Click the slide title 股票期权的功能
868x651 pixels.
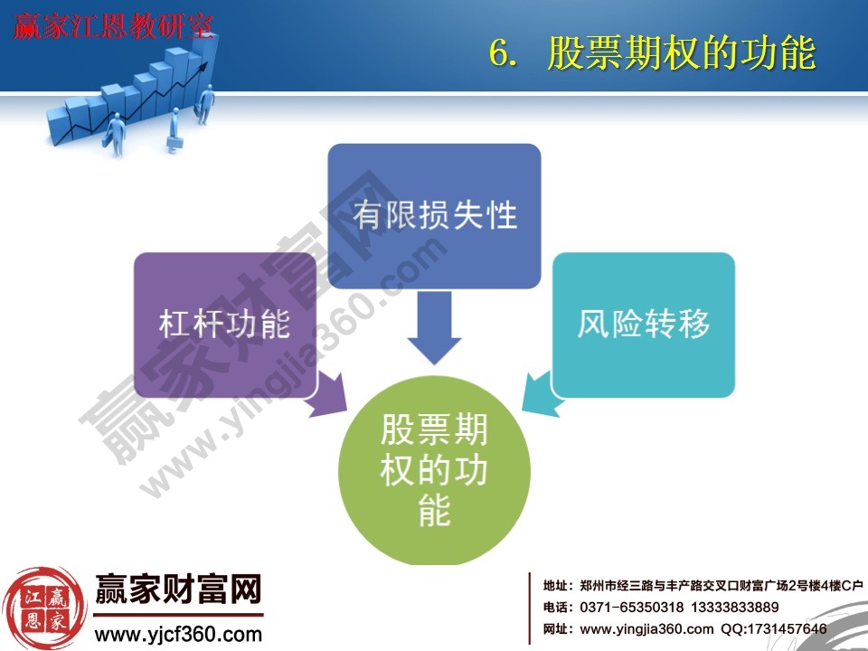click(681, 53)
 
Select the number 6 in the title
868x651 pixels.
click(498, 53)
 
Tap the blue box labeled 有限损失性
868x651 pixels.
click(434, 215)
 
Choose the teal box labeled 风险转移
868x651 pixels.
click(644, 324)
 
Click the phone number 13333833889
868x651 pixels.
click(737, 608)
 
